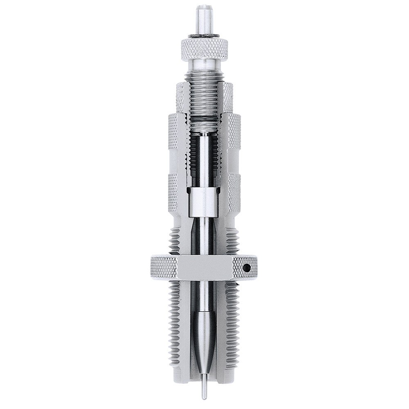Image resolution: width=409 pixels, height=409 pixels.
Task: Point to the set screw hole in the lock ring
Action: [x=247, y=268]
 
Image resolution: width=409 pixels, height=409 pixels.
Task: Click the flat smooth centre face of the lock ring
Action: [x=204, y=268]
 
